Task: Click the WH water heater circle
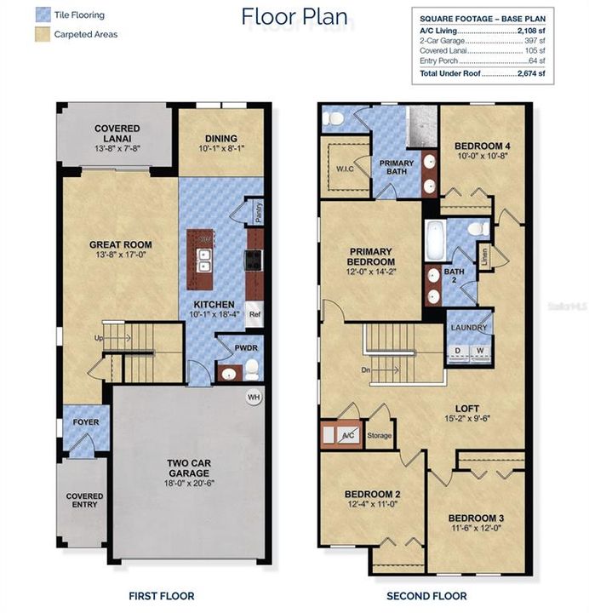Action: pyautogui.click(x=253, y=397)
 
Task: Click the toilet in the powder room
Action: pyautogui.click(x=252, y=368)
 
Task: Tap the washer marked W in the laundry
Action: pyautogui.click(x=480, y=350)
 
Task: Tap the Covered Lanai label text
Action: pyautogui.click(x=117, y=134)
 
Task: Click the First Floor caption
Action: pyautogui.click(x=161, y=596)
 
